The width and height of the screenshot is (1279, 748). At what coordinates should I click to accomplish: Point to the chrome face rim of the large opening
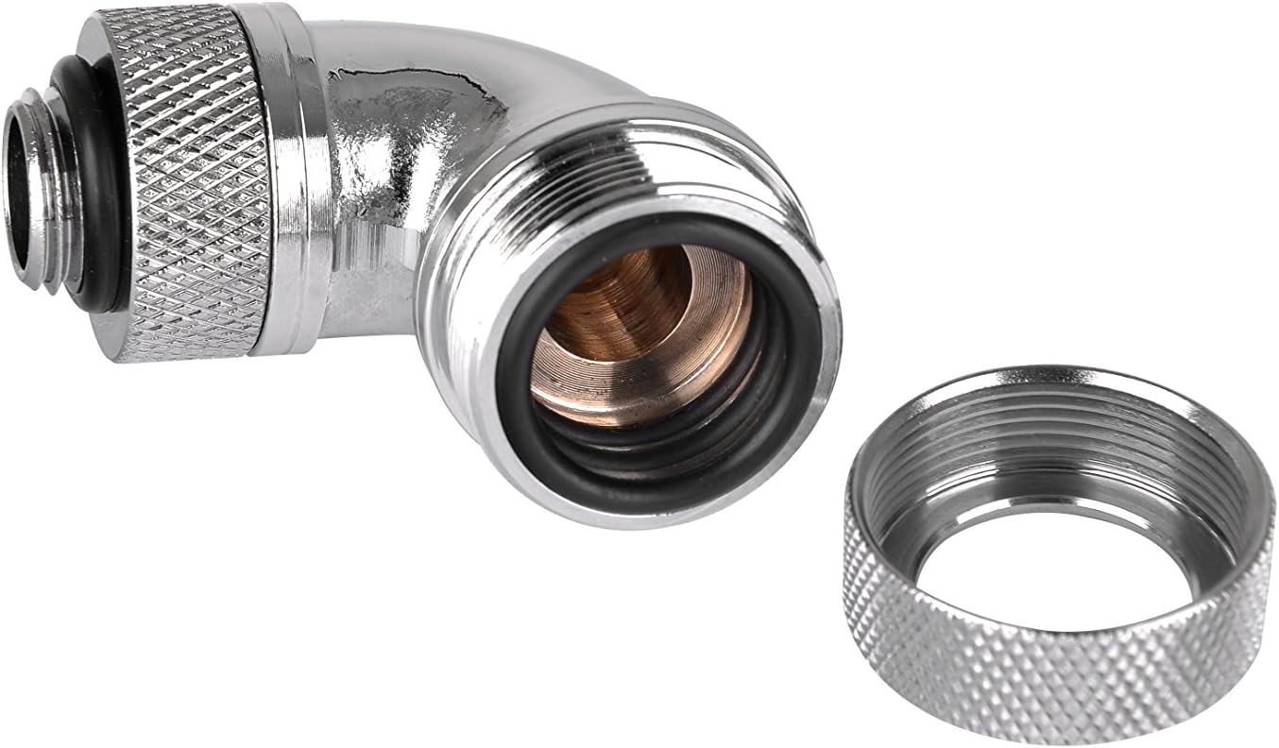click(x=812, y=378)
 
